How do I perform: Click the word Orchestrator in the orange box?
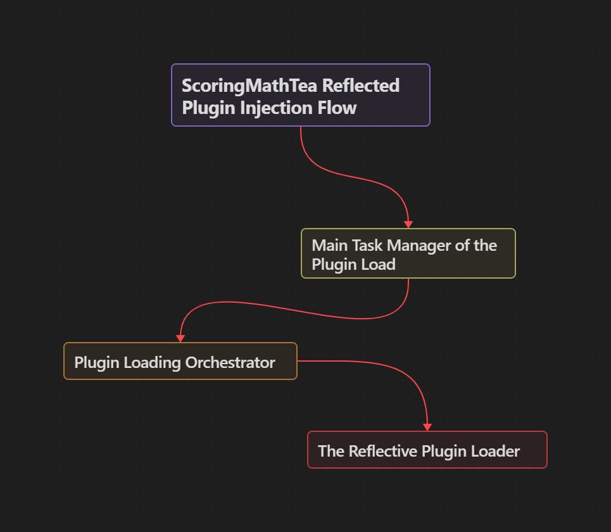click(x=230, y=362)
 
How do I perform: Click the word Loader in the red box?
click(x=496, y=451)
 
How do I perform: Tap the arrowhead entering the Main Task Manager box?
click(x=408, y=224)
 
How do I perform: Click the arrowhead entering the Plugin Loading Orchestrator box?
click(x=180, y=338)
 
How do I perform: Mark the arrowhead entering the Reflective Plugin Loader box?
click(x=427, y=427)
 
